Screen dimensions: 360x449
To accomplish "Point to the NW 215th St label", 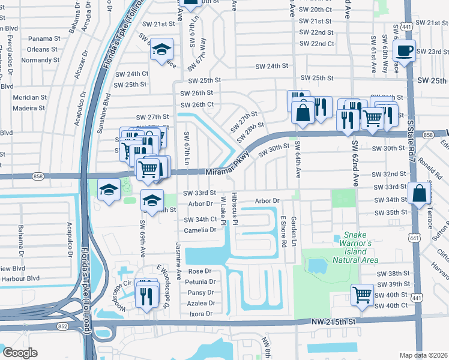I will [334, 322].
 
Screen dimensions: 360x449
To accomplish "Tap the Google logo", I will [20, 353].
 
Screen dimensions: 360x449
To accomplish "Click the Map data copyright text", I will [423, 355].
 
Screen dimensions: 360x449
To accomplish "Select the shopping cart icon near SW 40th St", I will [362, 295].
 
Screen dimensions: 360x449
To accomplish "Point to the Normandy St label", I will [40, 61].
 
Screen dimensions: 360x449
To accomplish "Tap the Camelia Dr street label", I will [200, 230].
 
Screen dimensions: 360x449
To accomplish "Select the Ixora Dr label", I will [200, 314].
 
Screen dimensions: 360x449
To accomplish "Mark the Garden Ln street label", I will [294, 231].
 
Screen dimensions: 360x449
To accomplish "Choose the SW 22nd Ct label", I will [316, 44].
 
